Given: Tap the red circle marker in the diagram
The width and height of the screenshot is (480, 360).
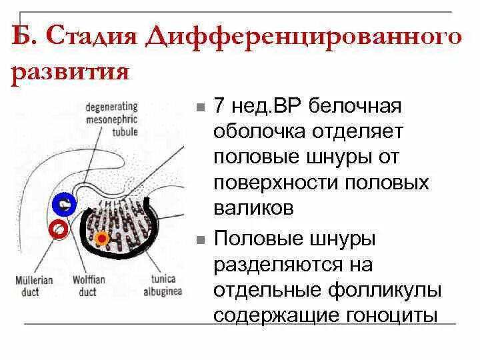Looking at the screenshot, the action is [x=60, y=229].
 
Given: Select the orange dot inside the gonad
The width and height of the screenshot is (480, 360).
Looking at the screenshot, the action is [x=101, y=237].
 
